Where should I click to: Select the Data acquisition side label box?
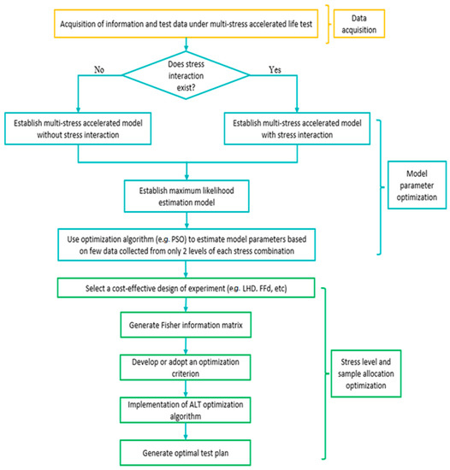(x=396, y=26)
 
